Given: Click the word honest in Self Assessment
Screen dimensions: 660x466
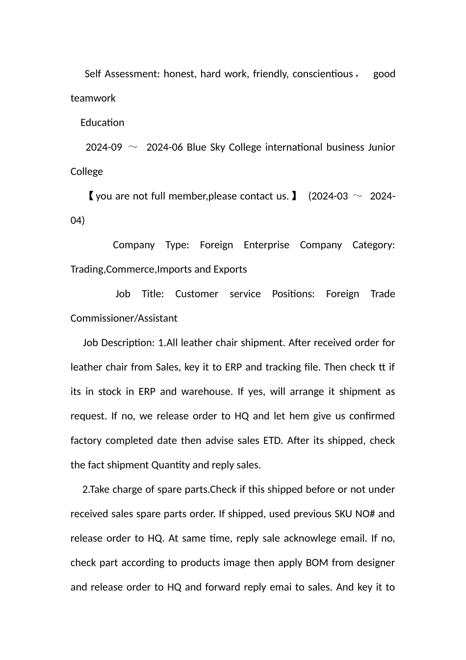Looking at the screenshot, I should (x=180, y=74).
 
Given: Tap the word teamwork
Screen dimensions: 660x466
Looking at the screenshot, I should (x=93, y=98).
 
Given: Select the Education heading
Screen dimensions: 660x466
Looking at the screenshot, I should (x=102, y=123).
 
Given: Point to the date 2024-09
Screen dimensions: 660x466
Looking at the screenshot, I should (x=104, y=147).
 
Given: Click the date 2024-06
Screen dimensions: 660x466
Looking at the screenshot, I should (x=164, y=147).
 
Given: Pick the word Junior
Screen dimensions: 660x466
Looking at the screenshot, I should (x=381, y=147).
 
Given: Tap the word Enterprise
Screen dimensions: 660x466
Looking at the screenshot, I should (x=266, y=245).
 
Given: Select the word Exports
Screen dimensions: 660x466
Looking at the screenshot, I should (x=230, y=270).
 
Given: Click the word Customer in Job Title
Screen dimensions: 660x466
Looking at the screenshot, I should (x=196, y=294).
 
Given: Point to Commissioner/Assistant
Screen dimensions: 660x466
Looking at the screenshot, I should (x=124, y=319).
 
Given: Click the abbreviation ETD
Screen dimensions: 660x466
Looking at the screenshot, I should (x=273, y=440).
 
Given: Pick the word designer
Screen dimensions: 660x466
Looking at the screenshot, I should (x=375, y=563).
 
